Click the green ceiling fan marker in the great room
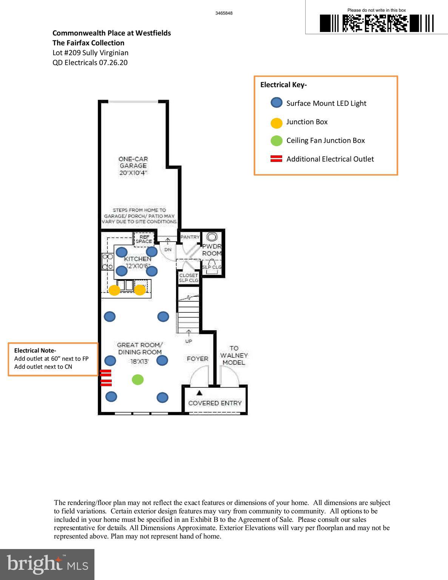tap(138, 379)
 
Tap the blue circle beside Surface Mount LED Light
tap(277, 103)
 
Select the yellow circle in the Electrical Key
tap(277, 122)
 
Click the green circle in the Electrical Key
tap(277, 141)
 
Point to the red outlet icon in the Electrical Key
tap(277, 159)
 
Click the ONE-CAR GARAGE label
tap(133, 166)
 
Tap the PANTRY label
tap(190, 237)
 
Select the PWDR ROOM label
tap(212, 250)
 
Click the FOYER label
tap(197, 359)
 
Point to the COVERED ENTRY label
tap(215, 403)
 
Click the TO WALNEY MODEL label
tap(234, 355)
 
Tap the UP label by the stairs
tap(188, 341)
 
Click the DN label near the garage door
tap(168, 250)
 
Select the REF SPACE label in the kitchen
tap(144, 239)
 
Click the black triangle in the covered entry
tap(199, 393)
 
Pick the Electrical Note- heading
tap(35, 350)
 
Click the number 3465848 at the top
tap(224, 13)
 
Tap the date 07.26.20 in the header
tap(113, 63)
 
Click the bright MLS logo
tap(47, 564)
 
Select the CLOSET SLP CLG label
tap(188, 278)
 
